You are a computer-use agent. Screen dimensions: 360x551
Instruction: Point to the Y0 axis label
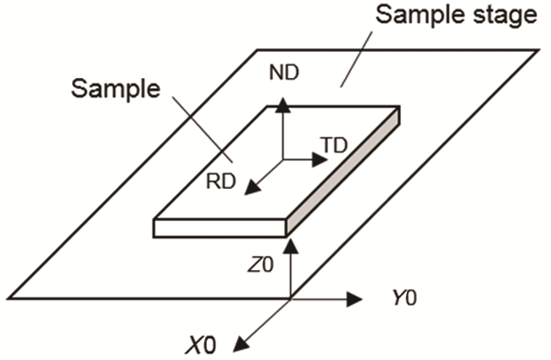405,299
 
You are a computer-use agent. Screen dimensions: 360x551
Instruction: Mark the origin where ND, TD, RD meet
283,159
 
